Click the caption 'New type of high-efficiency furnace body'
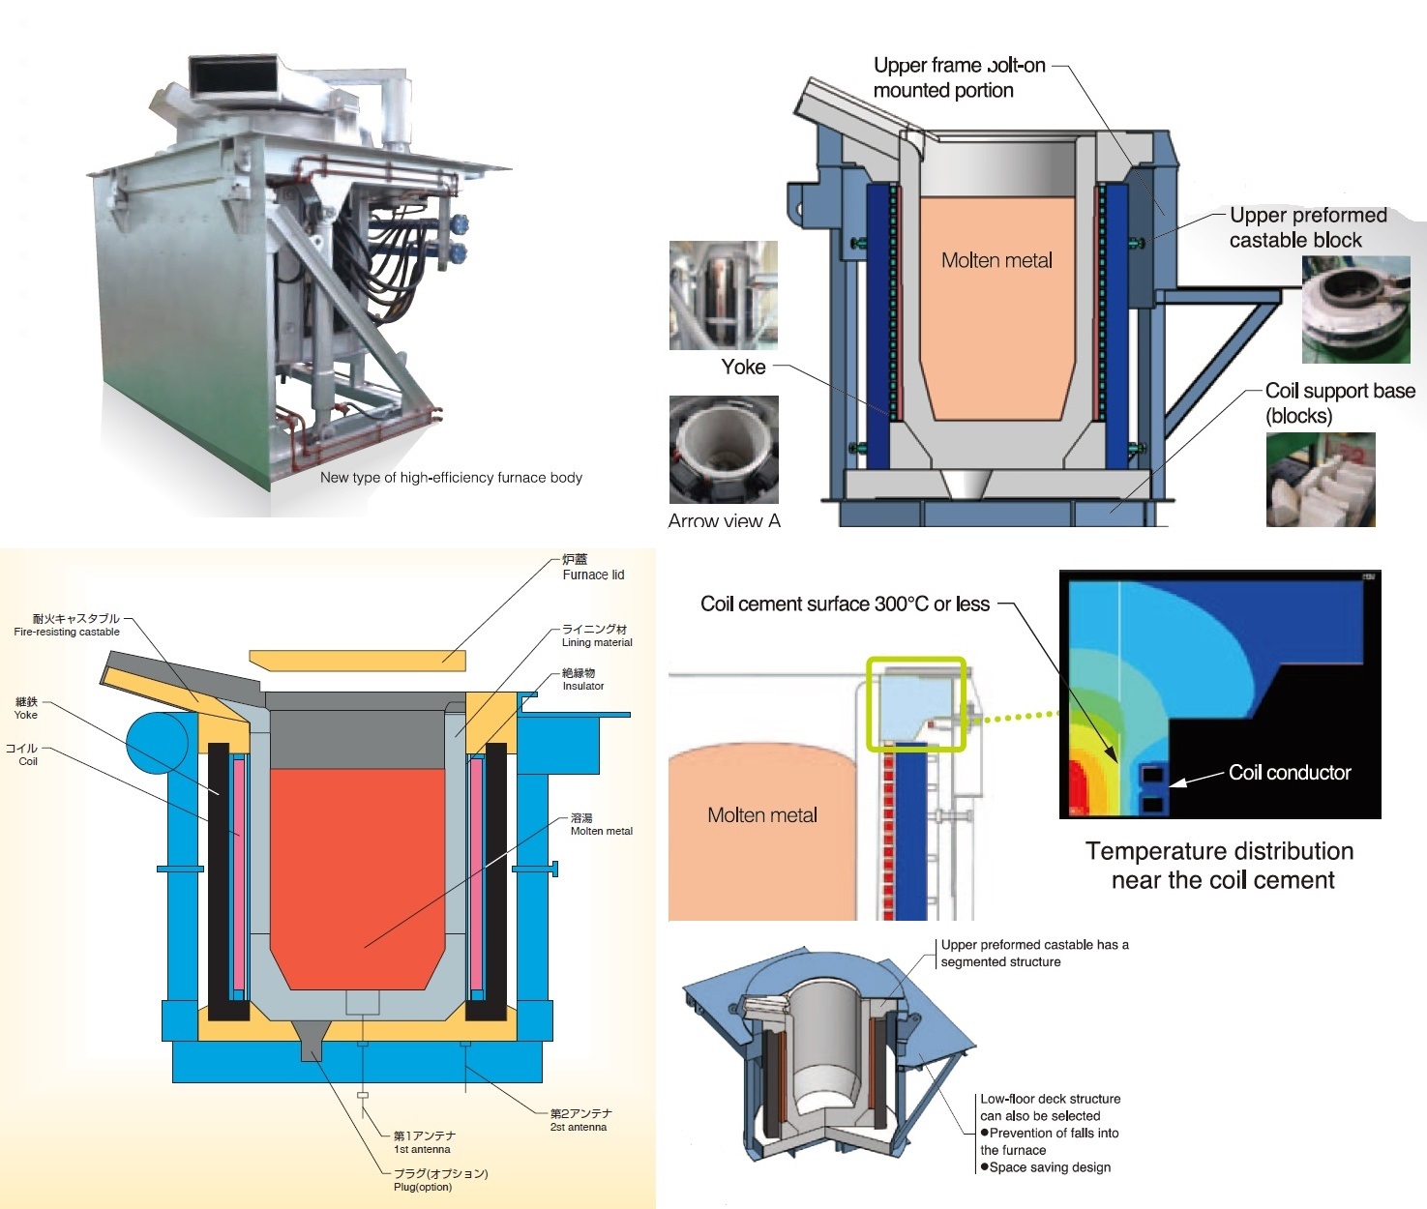(x=451, y=478)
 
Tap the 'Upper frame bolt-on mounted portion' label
(x=958, y=77)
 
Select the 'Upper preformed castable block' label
(x=1307, y=227)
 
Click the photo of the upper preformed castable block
(x=1355, y=310)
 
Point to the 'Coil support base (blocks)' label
(x=1339, y=402)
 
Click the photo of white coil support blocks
(x=1320, y=480)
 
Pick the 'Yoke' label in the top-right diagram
(x=743, y=368)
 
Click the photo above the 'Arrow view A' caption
(x=724, y=449)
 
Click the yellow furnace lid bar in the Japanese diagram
(x=357, y=661)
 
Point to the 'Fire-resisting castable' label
(x=68, y=625)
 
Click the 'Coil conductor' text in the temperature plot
(x=1289, y=773)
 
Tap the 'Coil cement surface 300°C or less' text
(x=845, y=604)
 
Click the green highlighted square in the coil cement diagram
(x=915, y=704)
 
